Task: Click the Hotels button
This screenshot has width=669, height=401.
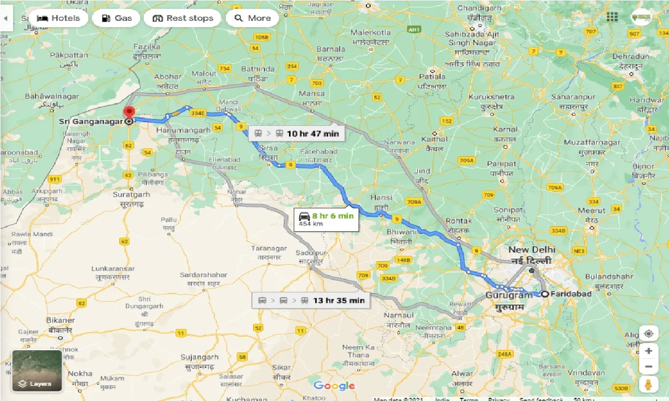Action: [58, 18]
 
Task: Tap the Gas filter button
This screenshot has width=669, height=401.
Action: [116, 18]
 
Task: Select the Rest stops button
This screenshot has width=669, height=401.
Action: [182, 18]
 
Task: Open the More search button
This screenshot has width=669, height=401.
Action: [252, 18]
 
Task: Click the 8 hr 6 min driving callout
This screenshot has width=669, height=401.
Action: [326, 219]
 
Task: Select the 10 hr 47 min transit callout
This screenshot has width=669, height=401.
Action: [296, 134]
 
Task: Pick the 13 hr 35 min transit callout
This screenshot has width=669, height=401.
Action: [311, 301]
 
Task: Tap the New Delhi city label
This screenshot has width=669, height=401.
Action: [532, 250]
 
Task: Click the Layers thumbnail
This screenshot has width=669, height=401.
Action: [37, 371]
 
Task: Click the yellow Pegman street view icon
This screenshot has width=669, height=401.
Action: [648, 384]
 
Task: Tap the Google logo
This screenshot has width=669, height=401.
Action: [334, 386]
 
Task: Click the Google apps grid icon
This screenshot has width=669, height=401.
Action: [612, 17]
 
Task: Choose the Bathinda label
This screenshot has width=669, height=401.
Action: [258, 69]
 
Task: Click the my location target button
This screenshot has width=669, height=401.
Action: [648, 333]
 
